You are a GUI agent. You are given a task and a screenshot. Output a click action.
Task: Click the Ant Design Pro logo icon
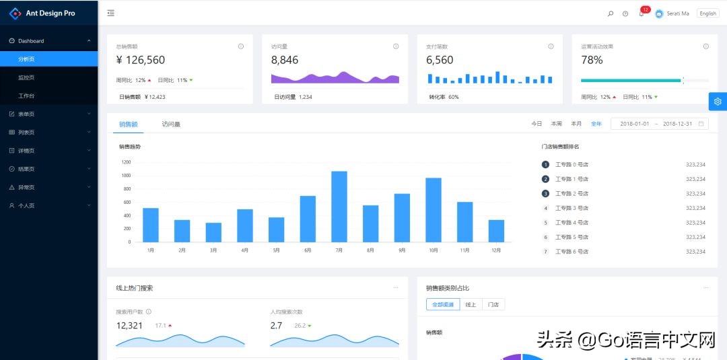(x=15, y=13)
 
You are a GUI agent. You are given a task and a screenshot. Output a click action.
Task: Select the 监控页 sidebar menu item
(x=26, y=77)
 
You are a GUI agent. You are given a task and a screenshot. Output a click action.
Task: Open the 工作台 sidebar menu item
(x=26, y=96)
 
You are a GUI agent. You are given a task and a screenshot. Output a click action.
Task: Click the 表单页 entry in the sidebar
(x=26, y=114)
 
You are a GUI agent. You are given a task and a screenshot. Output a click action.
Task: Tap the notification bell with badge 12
(x=641, y=13)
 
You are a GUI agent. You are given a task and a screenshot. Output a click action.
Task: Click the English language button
(x=707, y=13)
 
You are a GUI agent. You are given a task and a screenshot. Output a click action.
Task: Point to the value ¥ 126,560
(x=141, y=60)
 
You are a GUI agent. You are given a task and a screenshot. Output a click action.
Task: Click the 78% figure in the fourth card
(x=592, y=60)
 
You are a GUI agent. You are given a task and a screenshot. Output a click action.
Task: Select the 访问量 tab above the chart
(x=171, y=124)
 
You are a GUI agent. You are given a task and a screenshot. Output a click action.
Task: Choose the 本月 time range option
(x=576, y=124)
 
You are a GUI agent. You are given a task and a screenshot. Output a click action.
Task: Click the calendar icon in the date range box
(x=701, y=124)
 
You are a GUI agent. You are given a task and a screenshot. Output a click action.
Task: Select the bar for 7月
(x=339, y=206)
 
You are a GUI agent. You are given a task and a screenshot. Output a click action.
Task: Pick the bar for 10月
(x=434, y=209)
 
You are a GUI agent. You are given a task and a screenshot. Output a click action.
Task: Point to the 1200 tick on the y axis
(x=126, y=162)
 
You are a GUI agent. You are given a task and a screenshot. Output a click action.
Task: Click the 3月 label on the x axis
(x=213, y=250)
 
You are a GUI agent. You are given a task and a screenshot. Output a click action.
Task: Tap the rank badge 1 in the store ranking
(x=545, y=164)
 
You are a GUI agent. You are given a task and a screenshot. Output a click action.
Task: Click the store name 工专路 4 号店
(x=572, y=223)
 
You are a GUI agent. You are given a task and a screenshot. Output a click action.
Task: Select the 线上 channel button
(x=471, y=305)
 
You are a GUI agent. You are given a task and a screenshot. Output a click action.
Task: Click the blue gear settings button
(x=718, y=102)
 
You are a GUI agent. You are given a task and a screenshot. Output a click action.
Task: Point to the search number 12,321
(x=129, y=326)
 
